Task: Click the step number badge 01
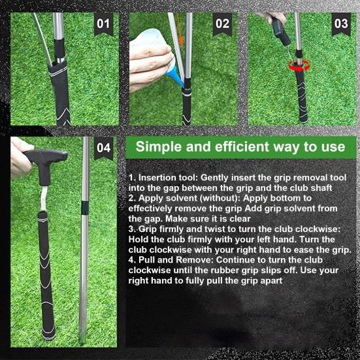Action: (103, 24)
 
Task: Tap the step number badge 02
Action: (222, 24)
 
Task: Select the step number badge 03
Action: (341, 24)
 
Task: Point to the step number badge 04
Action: (103, 147)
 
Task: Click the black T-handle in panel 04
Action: (46, 157)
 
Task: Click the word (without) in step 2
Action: (232, 197)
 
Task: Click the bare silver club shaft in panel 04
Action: (85, 261)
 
